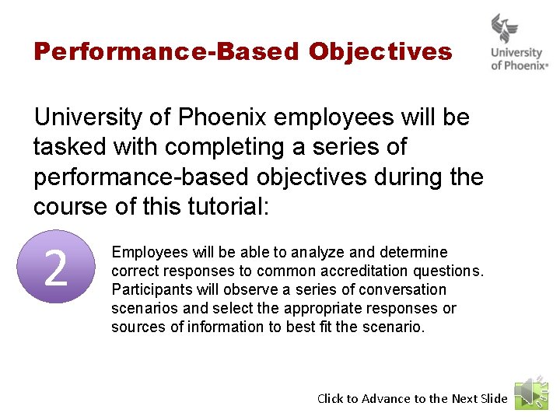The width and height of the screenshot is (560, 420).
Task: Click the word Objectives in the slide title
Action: point(380,52)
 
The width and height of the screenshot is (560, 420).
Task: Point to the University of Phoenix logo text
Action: point(519,59)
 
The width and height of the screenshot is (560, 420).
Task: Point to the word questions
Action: point(454,271)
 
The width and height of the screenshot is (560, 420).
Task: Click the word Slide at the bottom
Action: point(494,398)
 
